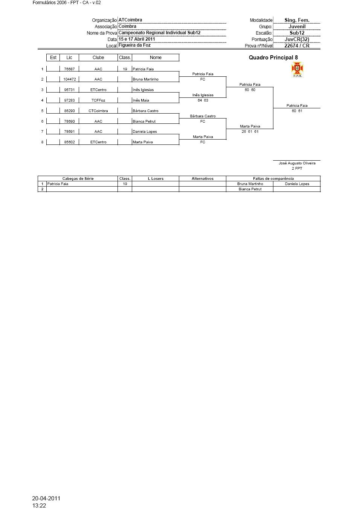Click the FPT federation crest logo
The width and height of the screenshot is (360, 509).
[297, 70]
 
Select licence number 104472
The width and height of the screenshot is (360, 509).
[69, 79]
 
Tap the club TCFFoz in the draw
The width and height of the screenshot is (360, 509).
[98, 100]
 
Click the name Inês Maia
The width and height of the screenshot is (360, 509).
[141, 100]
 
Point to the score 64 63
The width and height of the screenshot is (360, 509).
[203, 100]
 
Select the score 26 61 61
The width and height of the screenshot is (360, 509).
[250, 132]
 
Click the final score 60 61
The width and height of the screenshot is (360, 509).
[297, 111]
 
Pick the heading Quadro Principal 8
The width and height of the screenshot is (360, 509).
[273, 58]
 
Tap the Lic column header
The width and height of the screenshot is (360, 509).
[69, 58]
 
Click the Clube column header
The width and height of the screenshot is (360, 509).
[98, 58]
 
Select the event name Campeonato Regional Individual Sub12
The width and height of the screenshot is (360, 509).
[159, 33]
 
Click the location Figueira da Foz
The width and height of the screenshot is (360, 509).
[134, 45]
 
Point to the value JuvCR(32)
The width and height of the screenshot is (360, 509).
[297, 39]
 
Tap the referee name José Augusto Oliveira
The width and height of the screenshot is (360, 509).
[297, 163]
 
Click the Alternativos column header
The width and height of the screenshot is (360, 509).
[202, 179]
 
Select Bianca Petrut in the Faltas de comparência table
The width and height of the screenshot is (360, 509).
[250, 189]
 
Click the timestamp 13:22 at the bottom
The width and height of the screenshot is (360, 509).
[39, 506]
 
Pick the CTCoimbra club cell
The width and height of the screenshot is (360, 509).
[98, 111]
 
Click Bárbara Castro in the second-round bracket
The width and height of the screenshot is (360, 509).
[203, 116]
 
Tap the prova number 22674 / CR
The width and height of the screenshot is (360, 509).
[297, 46]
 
